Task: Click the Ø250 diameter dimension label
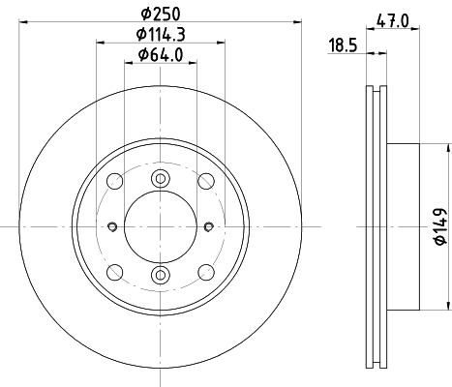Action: click(x=162, y=14)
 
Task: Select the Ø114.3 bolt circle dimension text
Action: click(x=161, y=35)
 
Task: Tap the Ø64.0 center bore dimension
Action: click(x=161, y=55)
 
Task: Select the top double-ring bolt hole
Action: click(x=162, y=177)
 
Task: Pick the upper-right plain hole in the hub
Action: click(x=205, y=181)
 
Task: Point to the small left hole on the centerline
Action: click(x=113, y=227)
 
